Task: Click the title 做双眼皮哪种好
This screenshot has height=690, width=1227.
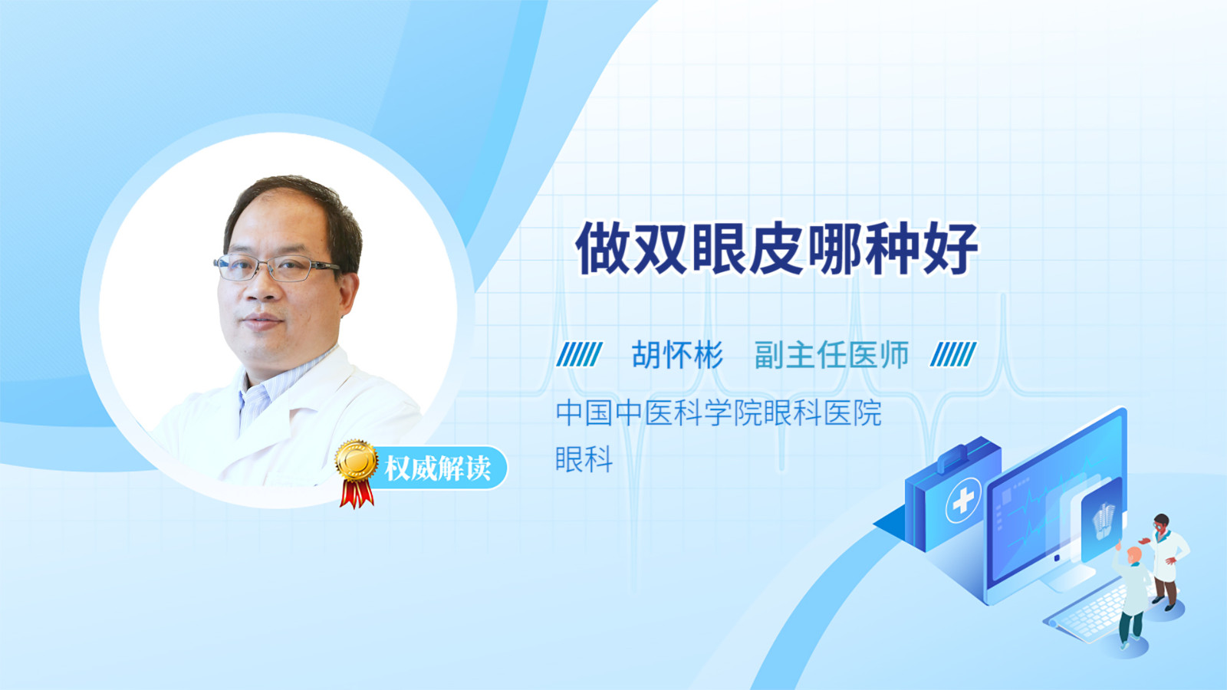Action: point(777,248)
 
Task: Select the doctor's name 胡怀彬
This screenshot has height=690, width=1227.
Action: point(677,355)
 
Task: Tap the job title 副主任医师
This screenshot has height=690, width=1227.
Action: point(831,355)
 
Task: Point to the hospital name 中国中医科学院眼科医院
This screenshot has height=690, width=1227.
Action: point(719,413)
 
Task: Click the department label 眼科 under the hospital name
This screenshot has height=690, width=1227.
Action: point(584,459)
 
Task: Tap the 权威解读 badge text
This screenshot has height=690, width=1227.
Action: point(437,468)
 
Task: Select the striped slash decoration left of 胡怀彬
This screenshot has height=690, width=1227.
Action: point(580,354)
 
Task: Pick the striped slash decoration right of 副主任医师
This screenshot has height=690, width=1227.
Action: point(953,354)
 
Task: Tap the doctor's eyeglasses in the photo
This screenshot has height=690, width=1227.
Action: point(277,268)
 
